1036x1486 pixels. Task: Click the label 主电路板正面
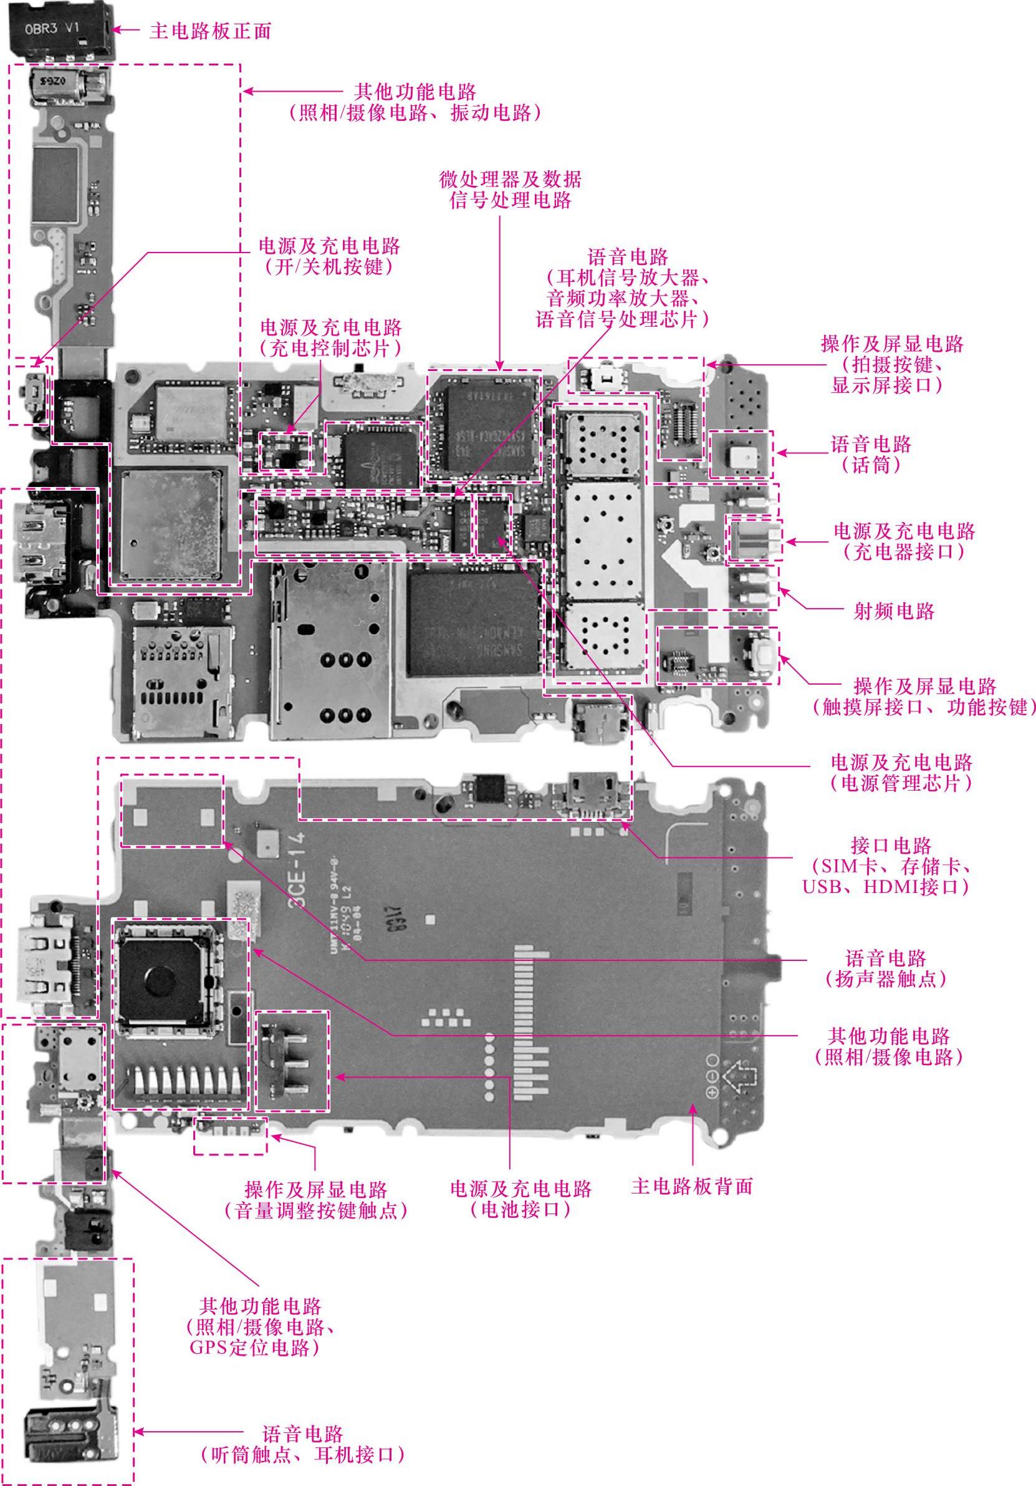(209, 31)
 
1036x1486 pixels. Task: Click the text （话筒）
(871, 465)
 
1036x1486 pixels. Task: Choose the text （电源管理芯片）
(901, 783)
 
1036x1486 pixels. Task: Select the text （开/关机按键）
(329, 268)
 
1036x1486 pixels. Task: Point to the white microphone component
(741, 455)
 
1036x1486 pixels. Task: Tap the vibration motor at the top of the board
(68, 88)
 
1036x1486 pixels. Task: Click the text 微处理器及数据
(510, 178)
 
